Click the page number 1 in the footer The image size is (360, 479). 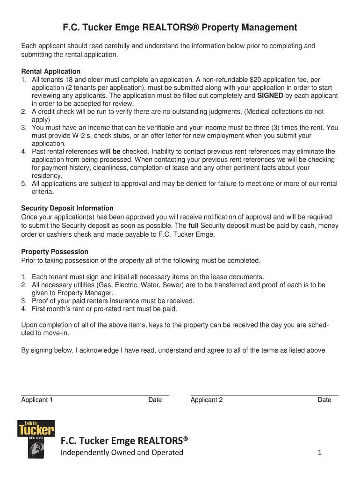320,452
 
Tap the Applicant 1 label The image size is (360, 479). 37,400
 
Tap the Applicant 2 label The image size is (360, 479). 207,400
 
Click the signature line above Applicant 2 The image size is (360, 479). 264,395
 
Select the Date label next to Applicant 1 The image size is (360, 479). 155,400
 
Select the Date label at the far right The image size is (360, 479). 324,400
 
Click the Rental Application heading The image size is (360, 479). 51,72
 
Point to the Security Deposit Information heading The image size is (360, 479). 67,208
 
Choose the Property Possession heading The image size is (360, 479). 55,252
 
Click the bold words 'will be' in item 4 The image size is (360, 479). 110,152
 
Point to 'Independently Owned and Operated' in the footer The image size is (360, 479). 122,452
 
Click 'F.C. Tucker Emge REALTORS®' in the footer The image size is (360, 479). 124,440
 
